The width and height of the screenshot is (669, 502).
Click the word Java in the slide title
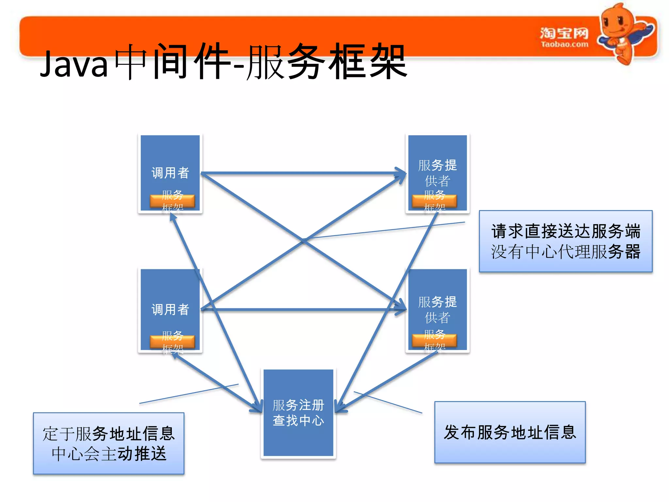pos(74,64)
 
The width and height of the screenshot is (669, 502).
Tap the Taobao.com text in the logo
pos(564,44)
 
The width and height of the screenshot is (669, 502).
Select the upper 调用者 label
pos(170,173)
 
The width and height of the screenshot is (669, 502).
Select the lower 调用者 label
pos(170,309)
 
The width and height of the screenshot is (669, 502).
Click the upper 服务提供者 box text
pos(437,173)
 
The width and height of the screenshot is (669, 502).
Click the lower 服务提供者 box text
pos(437,309)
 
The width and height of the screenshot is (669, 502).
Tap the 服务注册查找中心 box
pos(298,412)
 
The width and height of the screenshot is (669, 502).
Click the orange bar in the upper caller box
pos(172,201)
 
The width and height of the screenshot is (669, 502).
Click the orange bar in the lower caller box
pos(172,342)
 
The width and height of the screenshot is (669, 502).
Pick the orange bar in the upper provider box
pos(434,201)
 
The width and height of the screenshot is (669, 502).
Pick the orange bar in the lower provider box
pos(434,340)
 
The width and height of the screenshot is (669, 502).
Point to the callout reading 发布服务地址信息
pos(510,432)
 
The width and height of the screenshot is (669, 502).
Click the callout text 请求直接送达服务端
pos(565,231)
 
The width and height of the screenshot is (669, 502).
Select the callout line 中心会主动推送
pos(109,454)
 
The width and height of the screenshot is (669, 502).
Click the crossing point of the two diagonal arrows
pos(303,241)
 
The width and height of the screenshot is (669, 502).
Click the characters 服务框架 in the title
pos(327,62)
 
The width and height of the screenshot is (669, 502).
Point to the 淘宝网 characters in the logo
pos(564,33)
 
